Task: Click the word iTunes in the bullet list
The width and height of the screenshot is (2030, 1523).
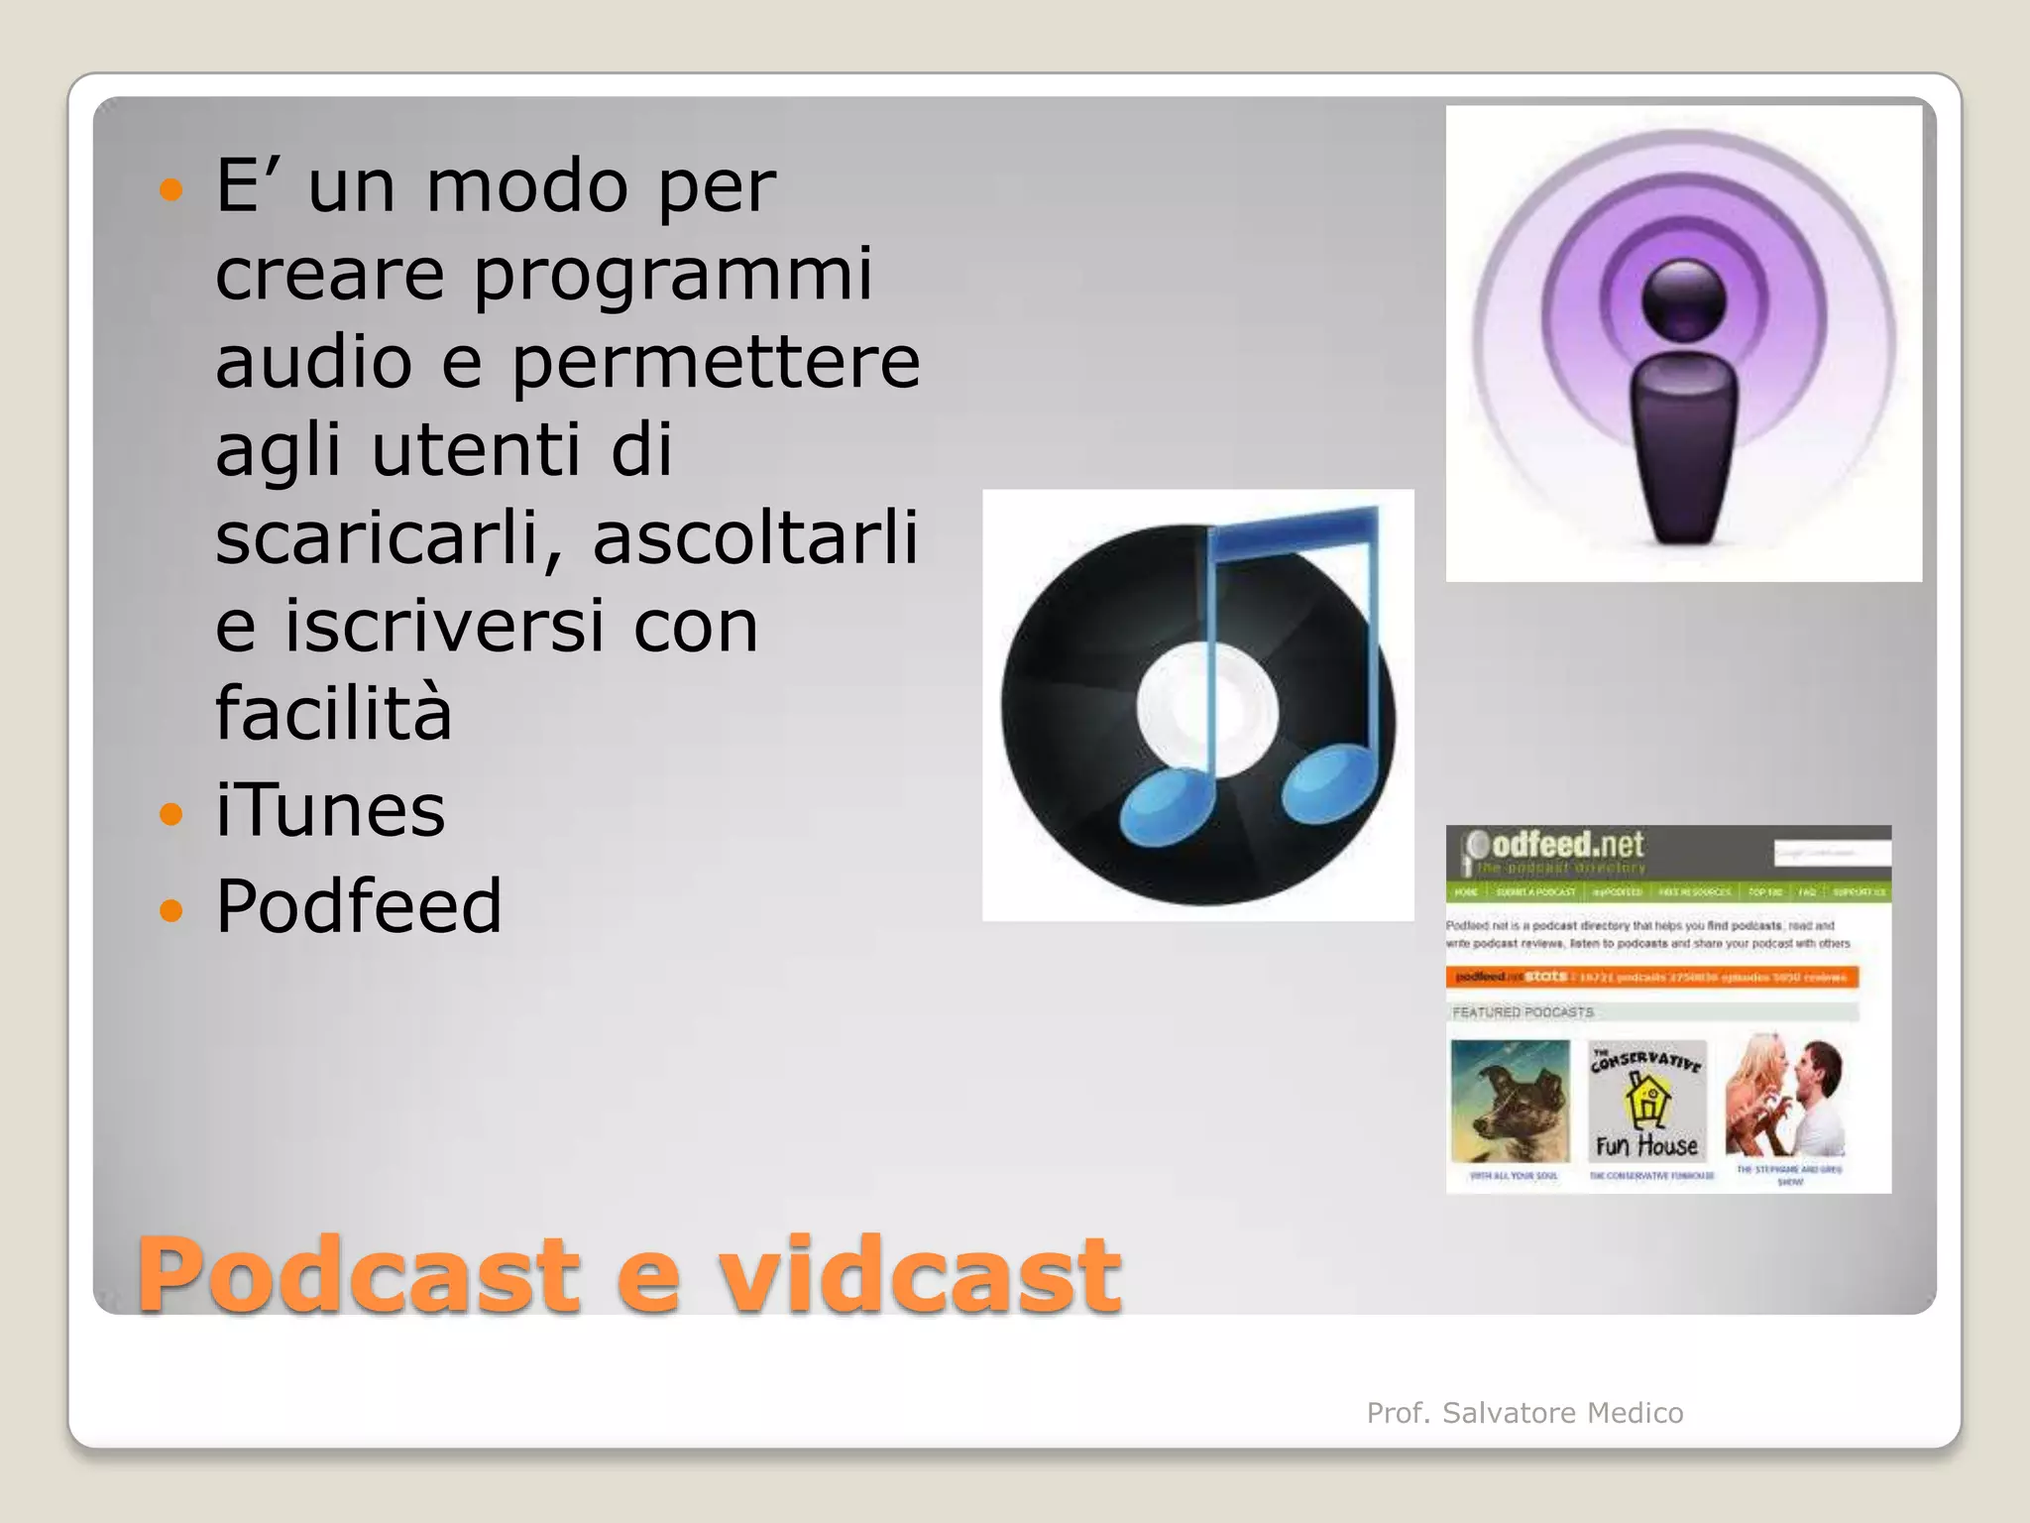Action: pos(330,810)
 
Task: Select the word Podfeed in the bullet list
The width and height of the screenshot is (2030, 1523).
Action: pos(359,906)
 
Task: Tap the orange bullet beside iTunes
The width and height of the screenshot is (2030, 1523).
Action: pos(171,815)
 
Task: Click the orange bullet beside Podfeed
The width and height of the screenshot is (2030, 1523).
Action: pos(171,910)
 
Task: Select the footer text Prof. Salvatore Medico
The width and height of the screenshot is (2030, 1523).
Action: pos(1524,1413)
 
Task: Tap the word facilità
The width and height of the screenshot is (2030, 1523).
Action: pos(333,713)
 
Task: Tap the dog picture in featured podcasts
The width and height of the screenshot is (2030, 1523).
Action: pos(1510,1101)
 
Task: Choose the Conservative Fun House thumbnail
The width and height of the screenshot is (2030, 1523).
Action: pos(1647,1102)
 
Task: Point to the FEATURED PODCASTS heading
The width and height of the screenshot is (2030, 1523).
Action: pos(1522,1012)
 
